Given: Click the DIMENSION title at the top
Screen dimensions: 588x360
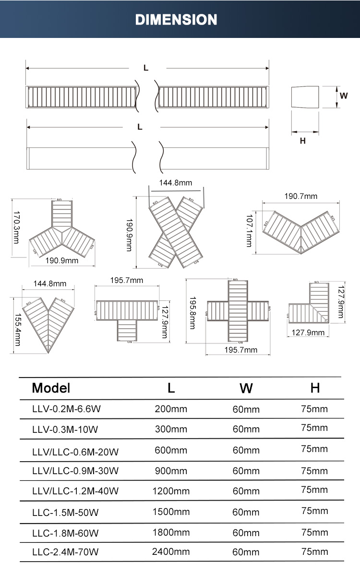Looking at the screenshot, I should click(176, 20).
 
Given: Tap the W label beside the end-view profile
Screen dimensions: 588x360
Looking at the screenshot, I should click(344, 95).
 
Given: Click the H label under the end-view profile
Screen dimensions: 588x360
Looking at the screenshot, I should click(302, 141).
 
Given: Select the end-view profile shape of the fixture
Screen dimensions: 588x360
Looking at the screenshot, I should click(305, 98).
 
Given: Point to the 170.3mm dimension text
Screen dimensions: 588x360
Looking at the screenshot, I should click(16, 227).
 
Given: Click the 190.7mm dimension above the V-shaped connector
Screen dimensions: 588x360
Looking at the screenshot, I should click(301, 196).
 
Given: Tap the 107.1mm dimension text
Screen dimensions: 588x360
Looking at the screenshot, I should click(249, 230).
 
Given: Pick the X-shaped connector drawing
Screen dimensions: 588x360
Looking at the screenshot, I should click(176, 232).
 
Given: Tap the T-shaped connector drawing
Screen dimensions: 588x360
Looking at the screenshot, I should click(127, 315).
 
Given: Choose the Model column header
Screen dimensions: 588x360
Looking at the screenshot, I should click(51, 388).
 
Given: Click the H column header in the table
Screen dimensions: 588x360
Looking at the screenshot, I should click(315, 388).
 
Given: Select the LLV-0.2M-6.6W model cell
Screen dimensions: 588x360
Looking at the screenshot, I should click(66, 409).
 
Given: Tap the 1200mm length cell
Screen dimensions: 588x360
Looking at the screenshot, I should click(171, 491).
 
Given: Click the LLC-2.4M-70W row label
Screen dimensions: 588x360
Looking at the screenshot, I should click(65, 552).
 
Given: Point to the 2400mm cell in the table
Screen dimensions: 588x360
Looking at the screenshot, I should click(171, 552).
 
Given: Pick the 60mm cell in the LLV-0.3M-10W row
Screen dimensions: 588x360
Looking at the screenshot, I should click(246, 429).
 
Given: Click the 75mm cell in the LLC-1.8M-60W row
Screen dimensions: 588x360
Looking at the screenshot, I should click(314, 532).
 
